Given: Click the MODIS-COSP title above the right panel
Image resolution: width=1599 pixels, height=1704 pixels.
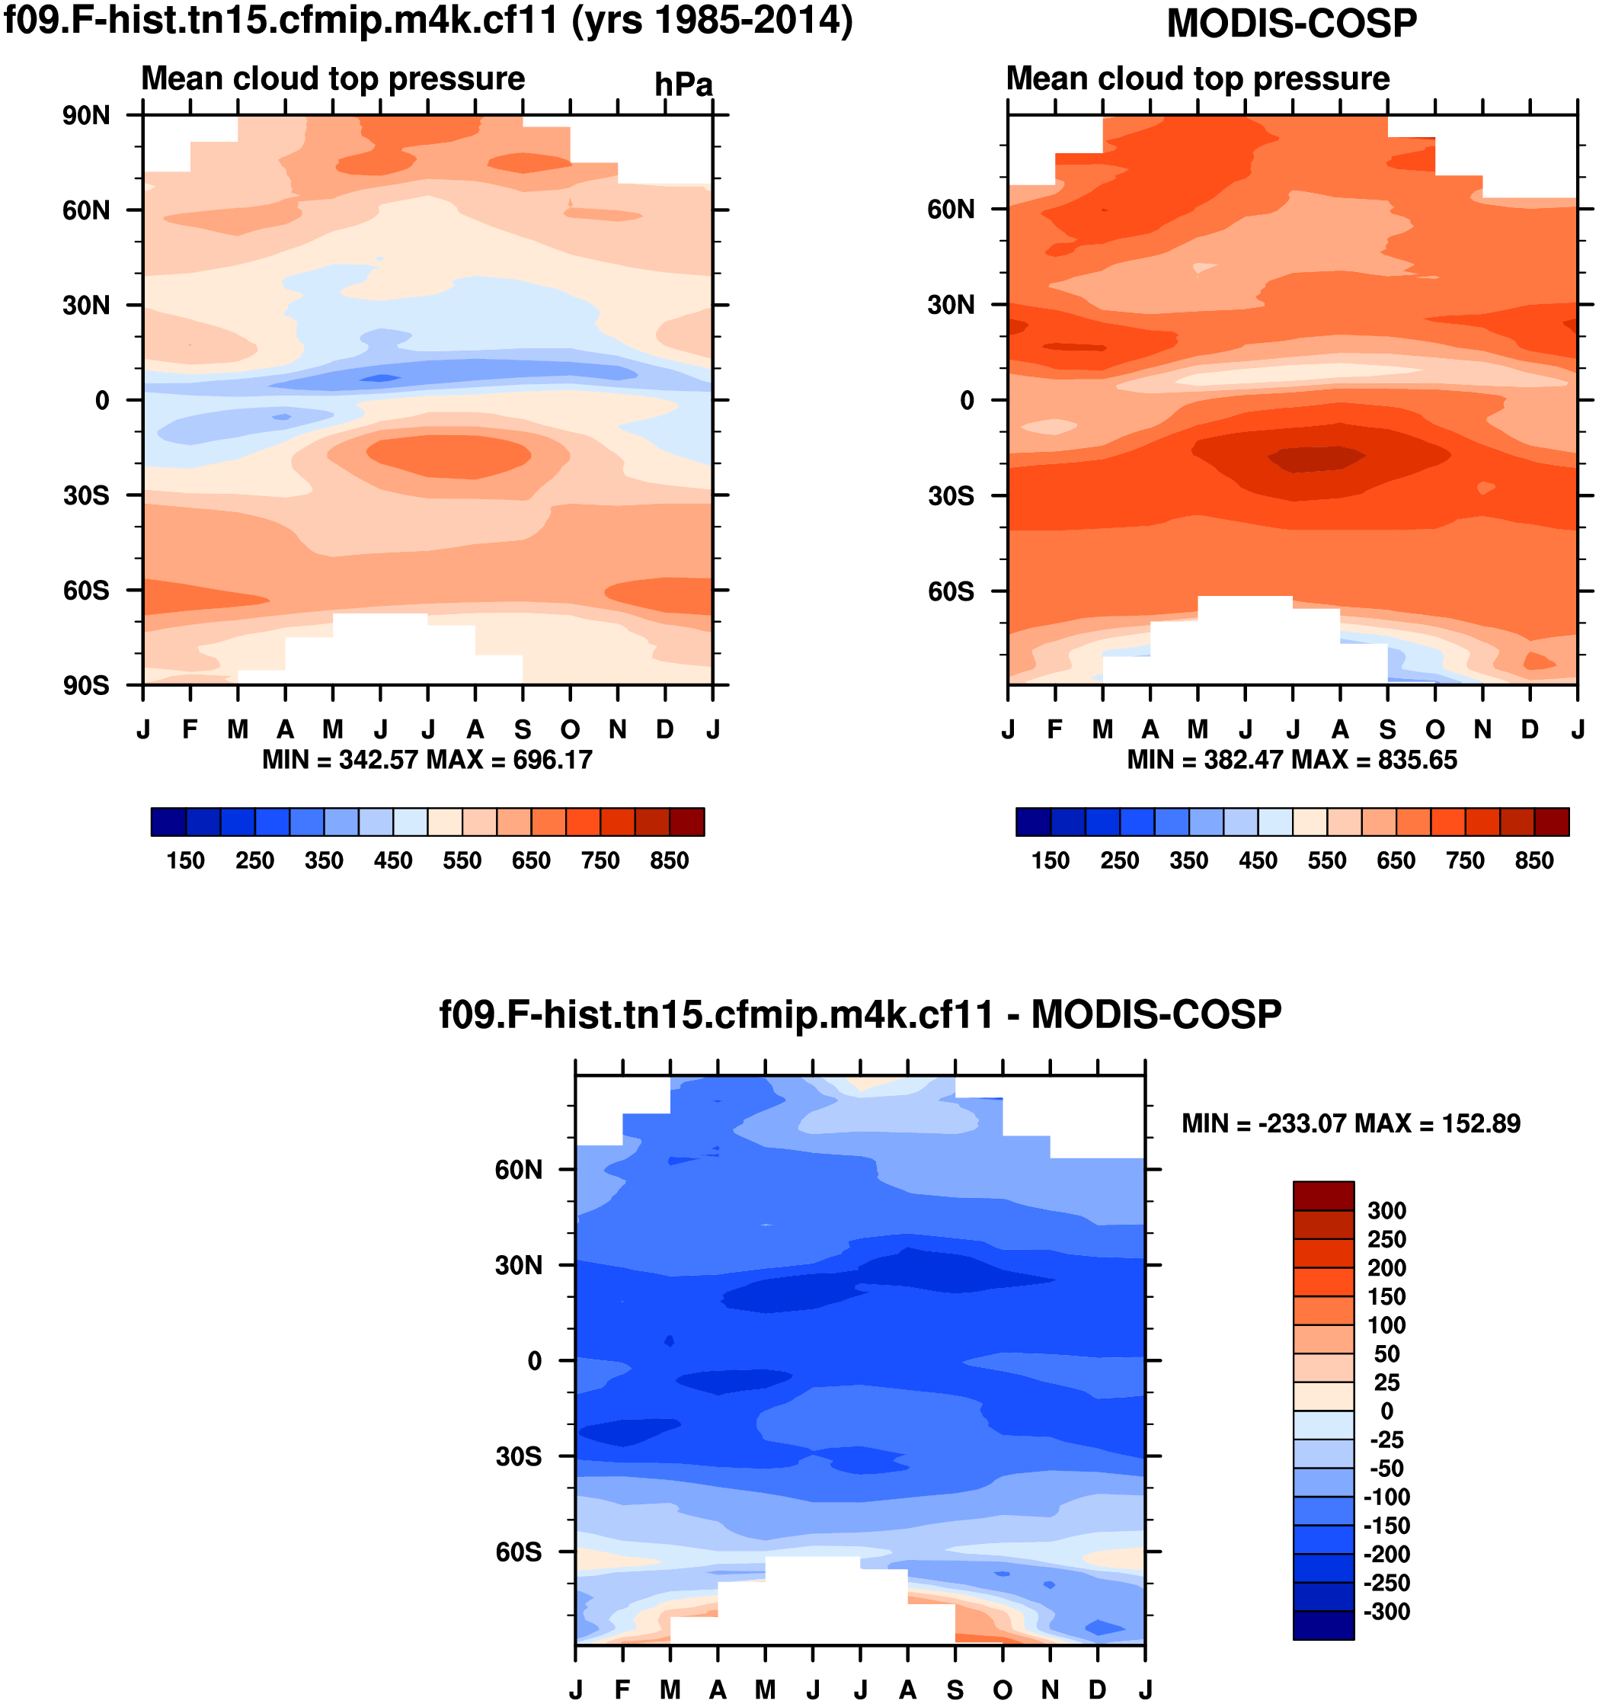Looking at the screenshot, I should tap(1291, 23).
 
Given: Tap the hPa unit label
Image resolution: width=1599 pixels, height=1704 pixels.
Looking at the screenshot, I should tap(683, 85).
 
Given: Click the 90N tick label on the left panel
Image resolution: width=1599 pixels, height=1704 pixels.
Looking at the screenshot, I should tap(85, 116).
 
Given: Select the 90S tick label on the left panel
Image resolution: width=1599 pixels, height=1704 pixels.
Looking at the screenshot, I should tap(85, 686).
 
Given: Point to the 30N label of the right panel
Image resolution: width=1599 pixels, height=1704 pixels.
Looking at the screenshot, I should tap(951, 305).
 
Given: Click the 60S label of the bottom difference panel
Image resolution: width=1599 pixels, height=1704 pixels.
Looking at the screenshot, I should tap(519, 1552).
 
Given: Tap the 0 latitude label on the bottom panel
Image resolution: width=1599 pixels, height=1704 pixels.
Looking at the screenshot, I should tap(535, 1361).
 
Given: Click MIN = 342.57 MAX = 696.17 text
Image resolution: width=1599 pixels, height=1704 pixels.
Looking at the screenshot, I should tap(427, 760).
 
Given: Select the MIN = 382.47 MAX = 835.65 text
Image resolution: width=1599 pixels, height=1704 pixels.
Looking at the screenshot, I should tap(1291, 760).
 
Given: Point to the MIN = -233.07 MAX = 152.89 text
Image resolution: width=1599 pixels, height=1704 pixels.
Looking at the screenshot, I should tap(1351, 1124).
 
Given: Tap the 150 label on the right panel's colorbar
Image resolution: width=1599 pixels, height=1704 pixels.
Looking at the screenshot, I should tap(1050, 860).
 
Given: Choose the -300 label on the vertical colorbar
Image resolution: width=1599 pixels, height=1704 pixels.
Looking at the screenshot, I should tap(1386, 1612).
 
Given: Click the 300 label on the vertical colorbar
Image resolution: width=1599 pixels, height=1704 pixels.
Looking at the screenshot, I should tap(1386, 1210).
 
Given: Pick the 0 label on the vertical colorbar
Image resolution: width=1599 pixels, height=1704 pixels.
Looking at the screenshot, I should tap(1386, 1411).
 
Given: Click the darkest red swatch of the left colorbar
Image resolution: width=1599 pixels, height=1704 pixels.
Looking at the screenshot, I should tap(686, 822).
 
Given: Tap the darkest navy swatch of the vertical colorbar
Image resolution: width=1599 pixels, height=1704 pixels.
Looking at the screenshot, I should tap(1323, 1626).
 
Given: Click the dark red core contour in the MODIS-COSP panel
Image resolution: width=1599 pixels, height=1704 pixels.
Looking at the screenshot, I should tap(1316, 459).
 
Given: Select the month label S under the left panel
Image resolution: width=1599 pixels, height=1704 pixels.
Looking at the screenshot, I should tap(523, 729).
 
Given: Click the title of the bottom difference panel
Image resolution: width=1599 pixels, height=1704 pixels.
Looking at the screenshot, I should tap(859, 1015).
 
